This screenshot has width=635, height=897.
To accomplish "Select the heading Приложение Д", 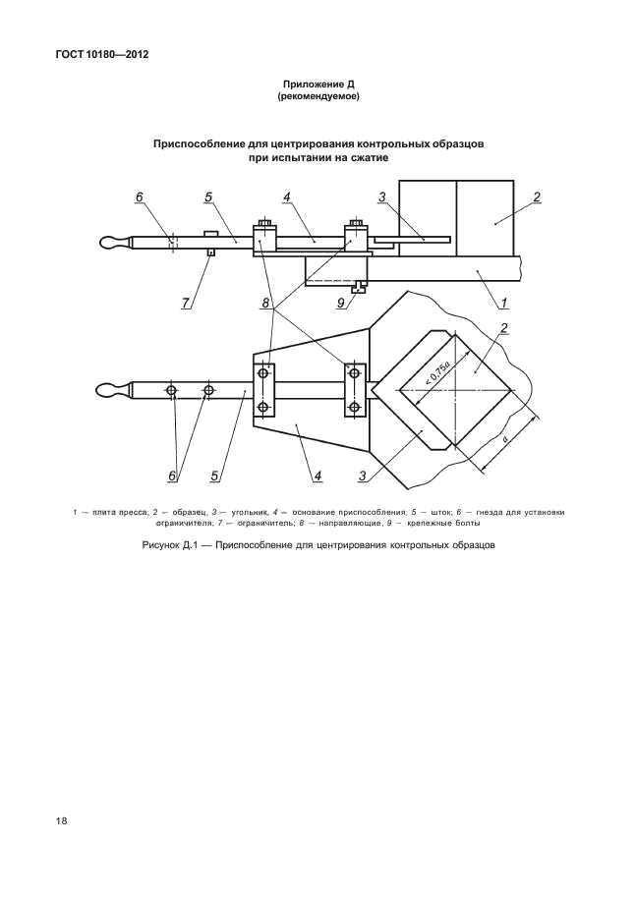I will point(317,84).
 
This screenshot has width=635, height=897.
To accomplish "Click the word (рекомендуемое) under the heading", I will point(317,97).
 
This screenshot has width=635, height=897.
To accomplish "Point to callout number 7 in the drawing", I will point(185,303).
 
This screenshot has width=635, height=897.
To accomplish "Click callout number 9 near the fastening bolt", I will point(340,303).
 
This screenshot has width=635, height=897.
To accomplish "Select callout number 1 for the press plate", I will point(503,303).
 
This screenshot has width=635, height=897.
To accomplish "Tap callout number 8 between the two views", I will point(265,303).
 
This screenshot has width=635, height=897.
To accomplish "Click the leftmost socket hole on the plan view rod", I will point(171,391).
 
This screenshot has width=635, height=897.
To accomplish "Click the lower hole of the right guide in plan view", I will point(354,406).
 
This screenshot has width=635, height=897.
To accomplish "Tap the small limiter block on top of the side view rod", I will point(209,233).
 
